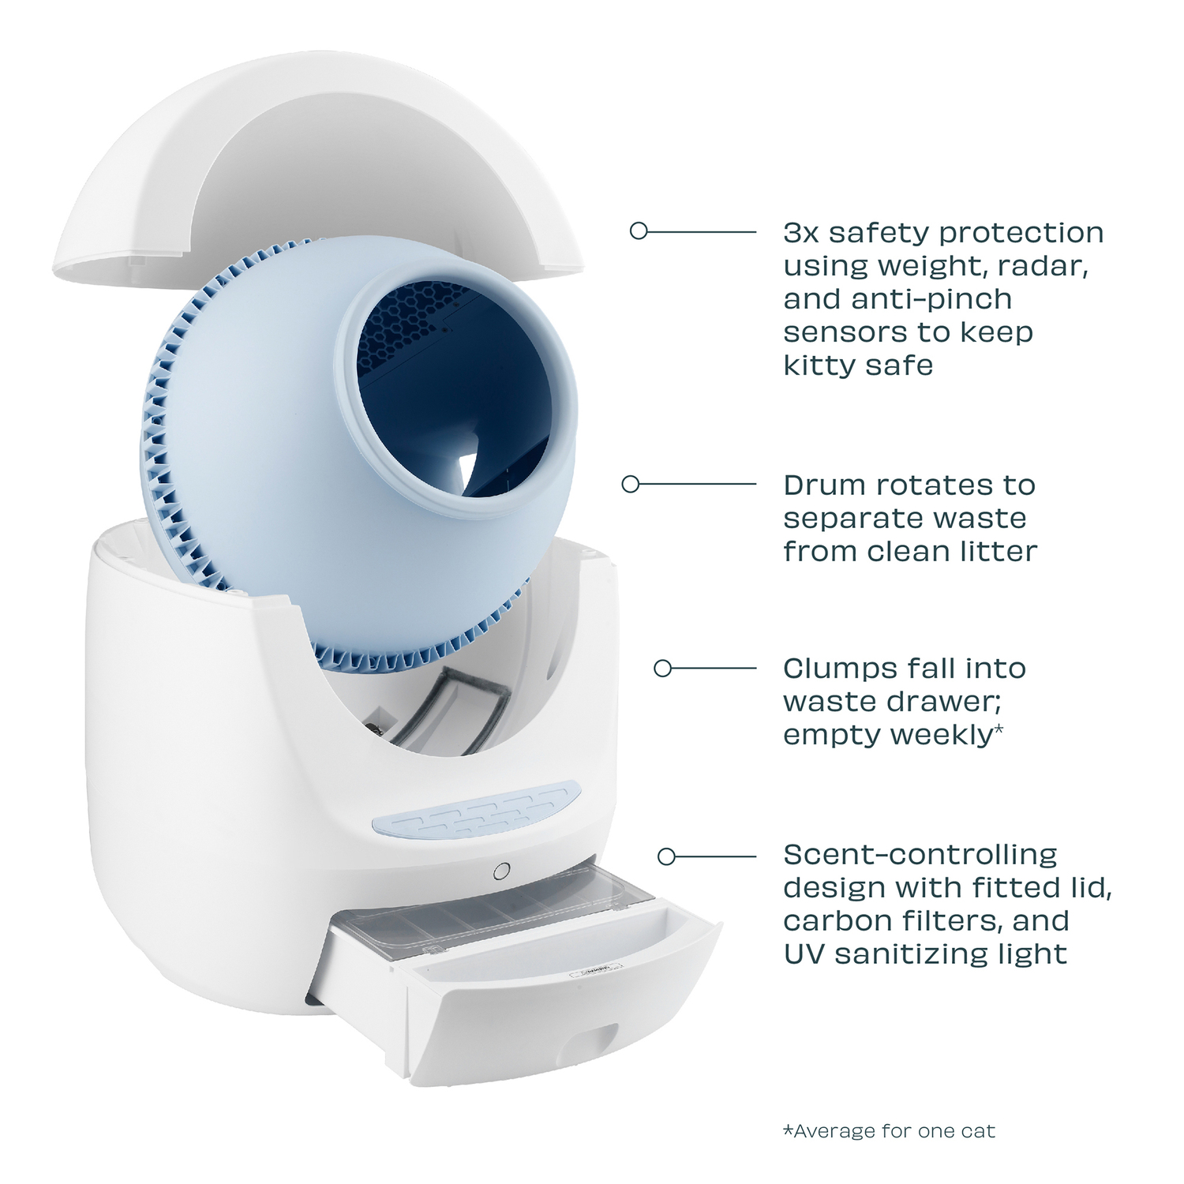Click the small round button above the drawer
click(x=500, y=871)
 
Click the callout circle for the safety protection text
click(x=639, y=230)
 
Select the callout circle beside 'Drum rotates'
click(x=630, y=484)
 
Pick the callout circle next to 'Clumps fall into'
click(x=663, y=669)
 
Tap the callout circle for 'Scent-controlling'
click(x=667, y=856)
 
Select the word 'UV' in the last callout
click(x=804, y=954)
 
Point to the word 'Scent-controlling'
click(x=920, y=856)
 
